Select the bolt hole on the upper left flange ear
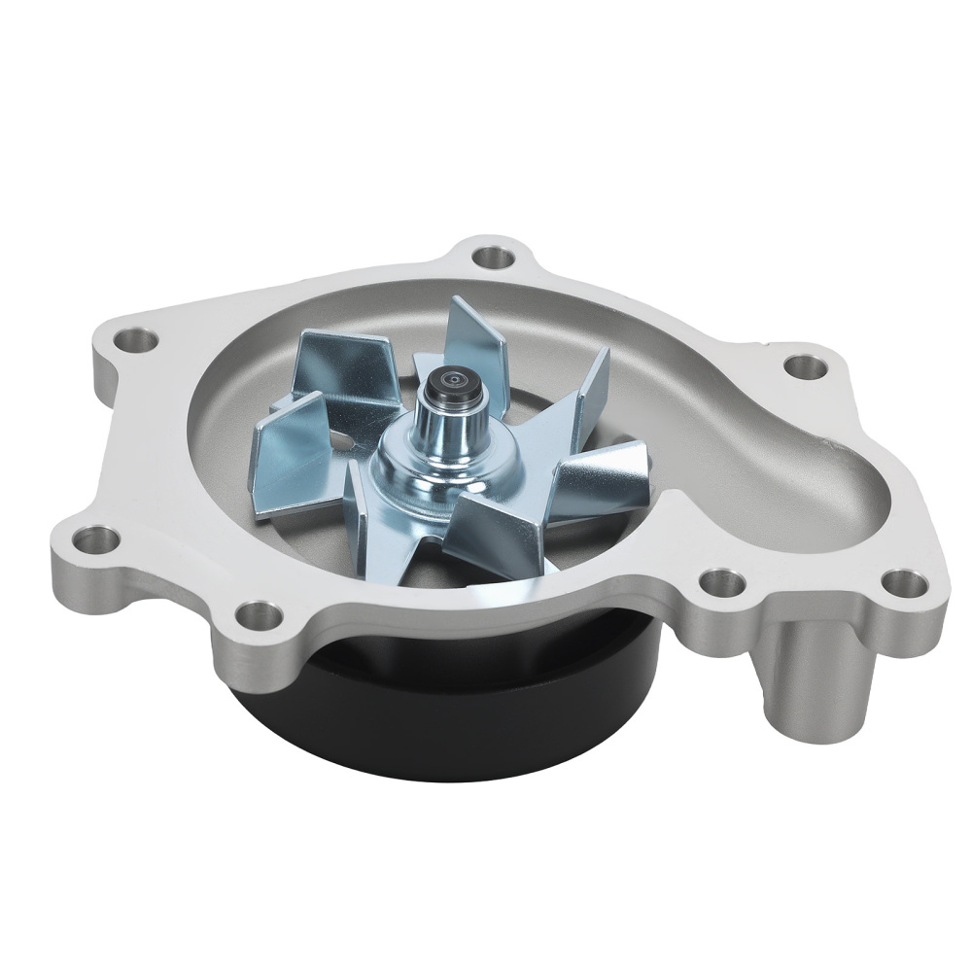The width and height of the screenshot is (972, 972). click(x=135, y=341)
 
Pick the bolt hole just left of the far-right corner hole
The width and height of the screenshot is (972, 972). click(x=720, y=581)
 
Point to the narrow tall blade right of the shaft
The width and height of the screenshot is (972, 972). click(x=588, y=389)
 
